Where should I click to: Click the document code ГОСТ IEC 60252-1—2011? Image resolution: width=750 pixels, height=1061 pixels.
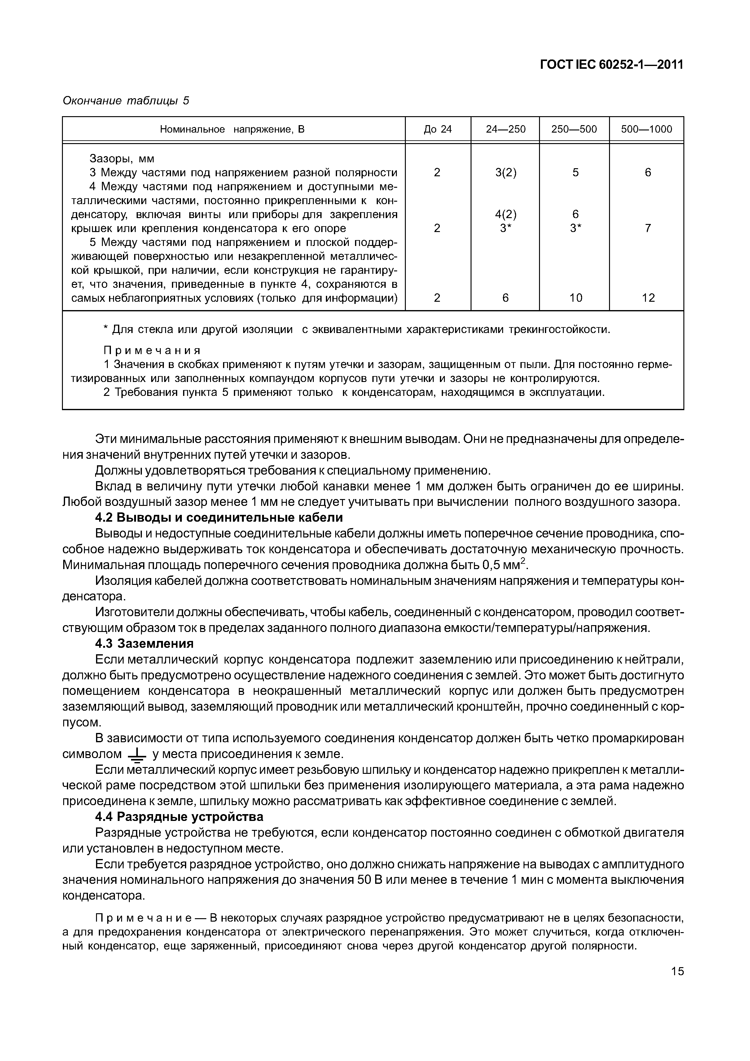pos(611,65)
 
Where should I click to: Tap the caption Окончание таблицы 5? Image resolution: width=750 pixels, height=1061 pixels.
pos(126,101)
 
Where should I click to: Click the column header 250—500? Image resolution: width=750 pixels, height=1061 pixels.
pos(574,129)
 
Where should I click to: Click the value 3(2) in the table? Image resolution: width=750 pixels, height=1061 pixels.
pos(506,173)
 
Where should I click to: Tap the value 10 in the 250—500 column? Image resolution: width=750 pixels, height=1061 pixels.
pos(575,298)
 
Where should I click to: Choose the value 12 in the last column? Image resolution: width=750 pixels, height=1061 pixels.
pos(648,298)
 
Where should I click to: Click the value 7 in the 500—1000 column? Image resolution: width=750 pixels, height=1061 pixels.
pos(648,228)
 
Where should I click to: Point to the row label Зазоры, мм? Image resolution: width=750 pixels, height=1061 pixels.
pos(122,159)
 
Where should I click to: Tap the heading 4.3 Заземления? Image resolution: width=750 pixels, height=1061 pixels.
pos(144,644)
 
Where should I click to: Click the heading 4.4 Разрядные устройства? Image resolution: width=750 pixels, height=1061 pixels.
pos(179,817)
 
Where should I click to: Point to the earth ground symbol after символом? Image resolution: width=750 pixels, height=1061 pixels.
pos(136,756)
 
